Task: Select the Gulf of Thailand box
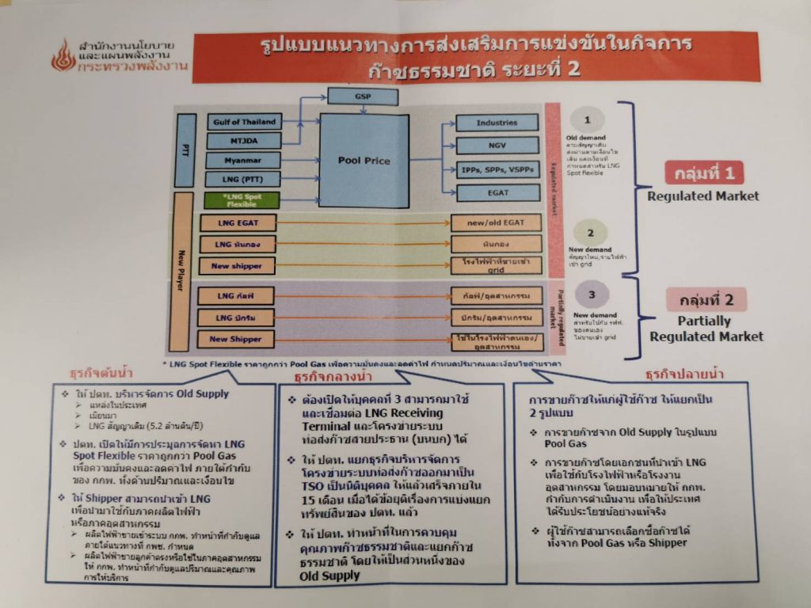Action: click(243, 122)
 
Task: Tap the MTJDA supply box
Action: click(243, 141)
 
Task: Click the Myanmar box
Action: click(243, 161)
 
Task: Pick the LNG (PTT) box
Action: click(243, 180)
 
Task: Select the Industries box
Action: click(497, 123)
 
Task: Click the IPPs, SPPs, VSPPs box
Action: click(497, 169)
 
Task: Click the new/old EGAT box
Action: click(497, 223)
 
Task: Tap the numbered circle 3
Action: click(590, 295)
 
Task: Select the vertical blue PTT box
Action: click(185, 150)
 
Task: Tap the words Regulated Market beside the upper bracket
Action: click(703, 196)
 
